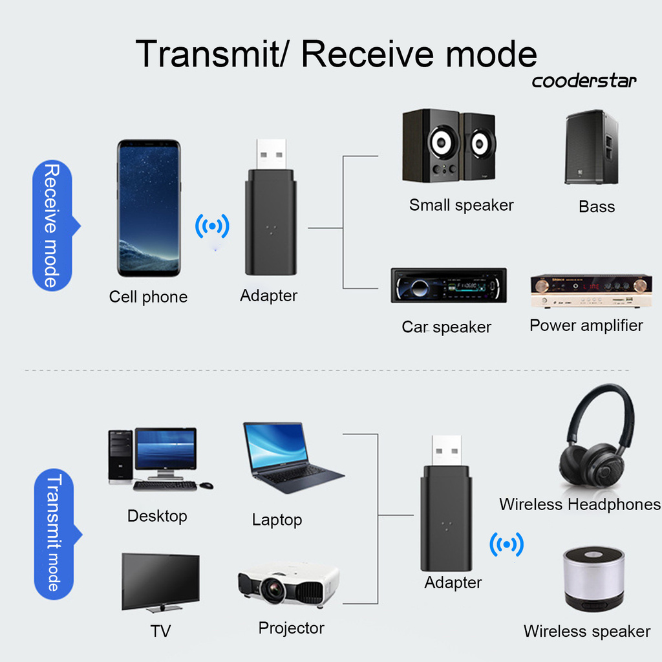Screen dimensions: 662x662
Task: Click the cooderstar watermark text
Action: click(584, 81)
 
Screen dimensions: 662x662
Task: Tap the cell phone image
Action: click(149, 208)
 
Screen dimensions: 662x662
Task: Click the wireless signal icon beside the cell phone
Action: click(212, 226)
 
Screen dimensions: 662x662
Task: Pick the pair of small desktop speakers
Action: click(448, 147)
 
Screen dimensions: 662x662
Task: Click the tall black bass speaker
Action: click(591, 147)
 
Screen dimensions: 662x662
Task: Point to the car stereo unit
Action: click(449, 285)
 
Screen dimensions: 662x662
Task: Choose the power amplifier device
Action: click(591, 290)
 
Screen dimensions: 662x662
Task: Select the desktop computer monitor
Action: click(165, 449)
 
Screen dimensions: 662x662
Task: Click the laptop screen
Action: click(276, 445)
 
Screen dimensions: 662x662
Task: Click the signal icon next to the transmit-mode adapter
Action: click(506, 544)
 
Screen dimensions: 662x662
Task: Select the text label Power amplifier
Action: click(586, 325)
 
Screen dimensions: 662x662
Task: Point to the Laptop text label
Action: click(277, 520)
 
